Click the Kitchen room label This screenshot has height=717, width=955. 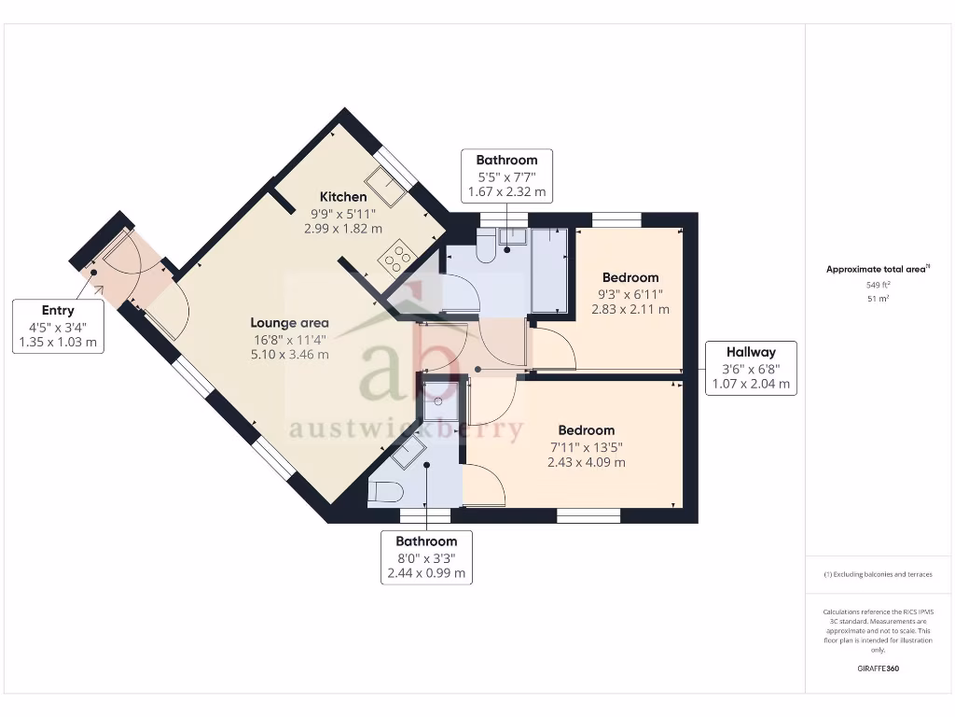343,197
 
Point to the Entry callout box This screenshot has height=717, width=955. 58,326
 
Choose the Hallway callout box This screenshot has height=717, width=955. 751,368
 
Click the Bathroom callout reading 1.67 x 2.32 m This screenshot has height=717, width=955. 506,176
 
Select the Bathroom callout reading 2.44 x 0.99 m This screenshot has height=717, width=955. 426,557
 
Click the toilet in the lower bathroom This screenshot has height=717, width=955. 385,492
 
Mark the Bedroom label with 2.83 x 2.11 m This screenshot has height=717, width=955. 630,277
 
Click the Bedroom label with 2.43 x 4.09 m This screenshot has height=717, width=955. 587,430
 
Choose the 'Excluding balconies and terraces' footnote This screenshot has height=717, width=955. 877,574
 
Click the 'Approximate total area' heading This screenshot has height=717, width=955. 876,269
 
